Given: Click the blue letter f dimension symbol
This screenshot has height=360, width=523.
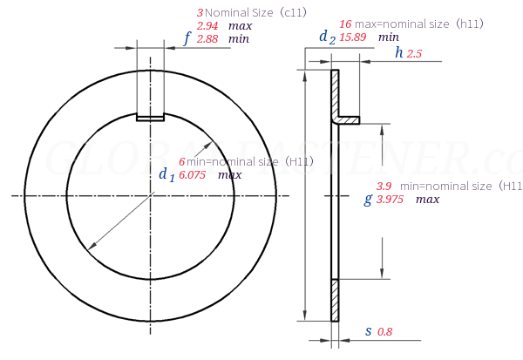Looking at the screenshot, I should pos(187,38).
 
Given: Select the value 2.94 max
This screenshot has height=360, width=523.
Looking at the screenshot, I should pos(207,26).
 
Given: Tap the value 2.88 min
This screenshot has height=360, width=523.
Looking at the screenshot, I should pos(207,39).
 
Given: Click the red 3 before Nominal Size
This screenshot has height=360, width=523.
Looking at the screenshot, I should pos(200,13).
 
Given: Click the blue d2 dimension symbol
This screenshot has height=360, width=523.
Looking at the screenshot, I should pos(327,37).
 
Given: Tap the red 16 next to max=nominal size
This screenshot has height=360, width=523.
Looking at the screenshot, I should pos(345,24).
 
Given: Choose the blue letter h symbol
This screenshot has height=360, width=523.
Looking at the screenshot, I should pos(398,52).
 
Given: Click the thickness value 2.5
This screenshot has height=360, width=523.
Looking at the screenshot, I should pos(414,54).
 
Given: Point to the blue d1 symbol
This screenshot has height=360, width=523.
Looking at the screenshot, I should pos(166,174).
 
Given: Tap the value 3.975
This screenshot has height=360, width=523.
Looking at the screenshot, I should pos(391,200).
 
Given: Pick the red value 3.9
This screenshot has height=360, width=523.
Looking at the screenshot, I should pos(384,187).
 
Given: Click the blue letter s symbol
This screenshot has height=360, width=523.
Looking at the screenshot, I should pos(368,331).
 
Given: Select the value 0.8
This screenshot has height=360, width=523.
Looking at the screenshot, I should pos(385,332).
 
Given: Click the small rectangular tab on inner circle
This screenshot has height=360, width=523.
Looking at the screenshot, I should pos(150,117).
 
